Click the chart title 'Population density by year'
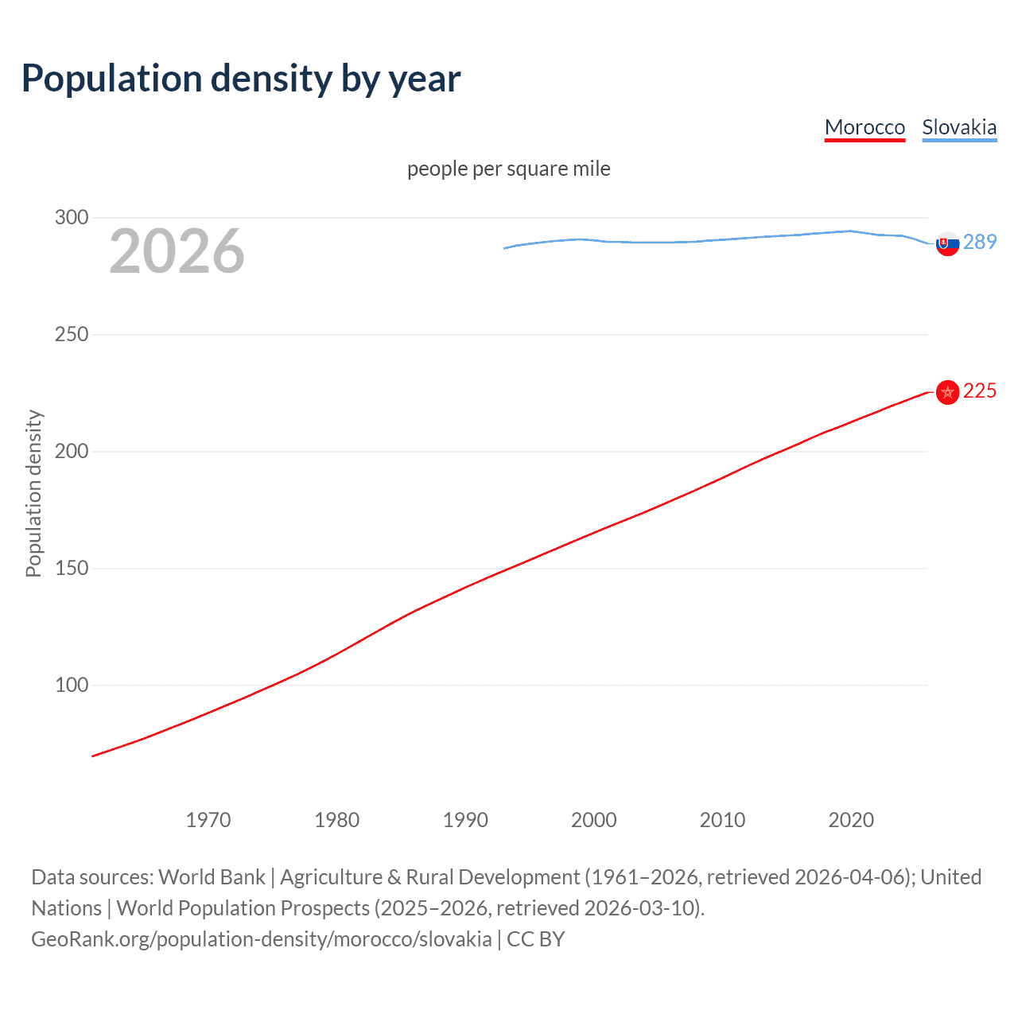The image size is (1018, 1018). (x=241, y=79)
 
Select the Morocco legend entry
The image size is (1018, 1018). (x=865, y=127)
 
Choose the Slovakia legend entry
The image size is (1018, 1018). (x=959, y=127)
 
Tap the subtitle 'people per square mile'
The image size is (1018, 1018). (x=508, y=169)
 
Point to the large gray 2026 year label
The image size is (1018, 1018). (x=177, y=251)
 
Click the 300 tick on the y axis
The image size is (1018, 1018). (x=72, y=217)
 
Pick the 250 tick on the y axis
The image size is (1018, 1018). (x=72, y=334)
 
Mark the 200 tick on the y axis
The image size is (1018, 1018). (x=72, y=451)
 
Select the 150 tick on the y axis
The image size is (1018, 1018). (x=72, y=568)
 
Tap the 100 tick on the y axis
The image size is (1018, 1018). (x=72, y=685)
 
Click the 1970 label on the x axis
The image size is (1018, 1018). (x=208, y=820)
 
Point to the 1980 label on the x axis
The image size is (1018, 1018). (x=336, y=820)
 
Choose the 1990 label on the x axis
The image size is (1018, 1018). (x=465, y=820)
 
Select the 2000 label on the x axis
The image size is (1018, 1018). (x=594, y=820)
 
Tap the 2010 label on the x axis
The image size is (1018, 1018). (x=722, y=820)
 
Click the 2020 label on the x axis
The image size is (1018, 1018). (x=851, y=820)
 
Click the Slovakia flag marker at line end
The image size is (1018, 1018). (x=947, y=245)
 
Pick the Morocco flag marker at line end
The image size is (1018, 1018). (x=947, y=392)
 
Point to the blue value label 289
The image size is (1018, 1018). (x=980, y=242)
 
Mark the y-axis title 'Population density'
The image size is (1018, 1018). (x=33, y=493)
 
